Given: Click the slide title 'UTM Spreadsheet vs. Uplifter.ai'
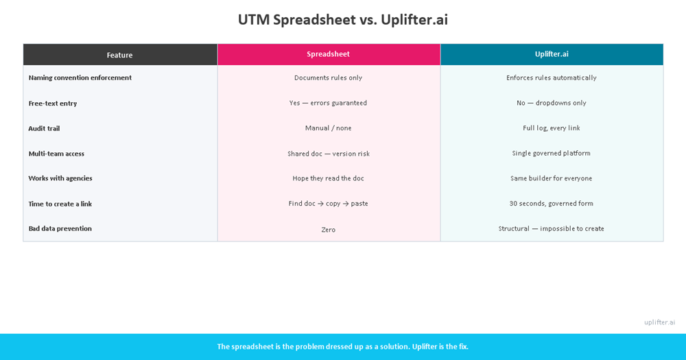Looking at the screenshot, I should click(342, 20).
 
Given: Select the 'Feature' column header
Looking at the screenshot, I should click(120, 55).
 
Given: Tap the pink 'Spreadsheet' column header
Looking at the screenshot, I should click(328, 54).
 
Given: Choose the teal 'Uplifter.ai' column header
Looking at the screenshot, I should click(552, 54).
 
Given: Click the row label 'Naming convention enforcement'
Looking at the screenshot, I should click(80, 78).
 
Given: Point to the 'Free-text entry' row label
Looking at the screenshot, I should click(53, 104).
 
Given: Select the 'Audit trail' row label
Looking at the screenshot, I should click(44, 128).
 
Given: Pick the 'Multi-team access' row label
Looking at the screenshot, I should click(56, 154).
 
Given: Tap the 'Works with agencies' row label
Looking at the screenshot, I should click(60, 178).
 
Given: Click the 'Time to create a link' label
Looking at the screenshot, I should click(60, 204).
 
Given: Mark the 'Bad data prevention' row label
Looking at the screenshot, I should click(60, 228).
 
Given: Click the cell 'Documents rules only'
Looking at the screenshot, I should click(328, 78).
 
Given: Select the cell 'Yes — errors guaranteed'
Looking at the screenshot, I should click(328, 103).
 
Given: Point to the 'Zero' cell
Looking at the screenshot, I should click(328, 230).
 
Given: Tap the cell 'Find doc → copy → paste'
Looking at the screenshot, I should click(328, 204).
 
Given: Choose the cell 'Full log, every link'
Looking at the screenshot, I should click(551, 128).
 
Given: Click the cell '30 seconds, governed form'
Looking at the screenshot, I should click(551, 204).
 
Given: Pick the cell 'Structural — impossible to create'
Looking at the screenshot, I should click(551, 228).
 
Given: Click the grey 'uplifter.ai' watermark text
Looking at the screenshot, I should click(659, 322).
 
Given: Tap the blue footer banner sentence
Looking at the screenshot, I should click(342, 346).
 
